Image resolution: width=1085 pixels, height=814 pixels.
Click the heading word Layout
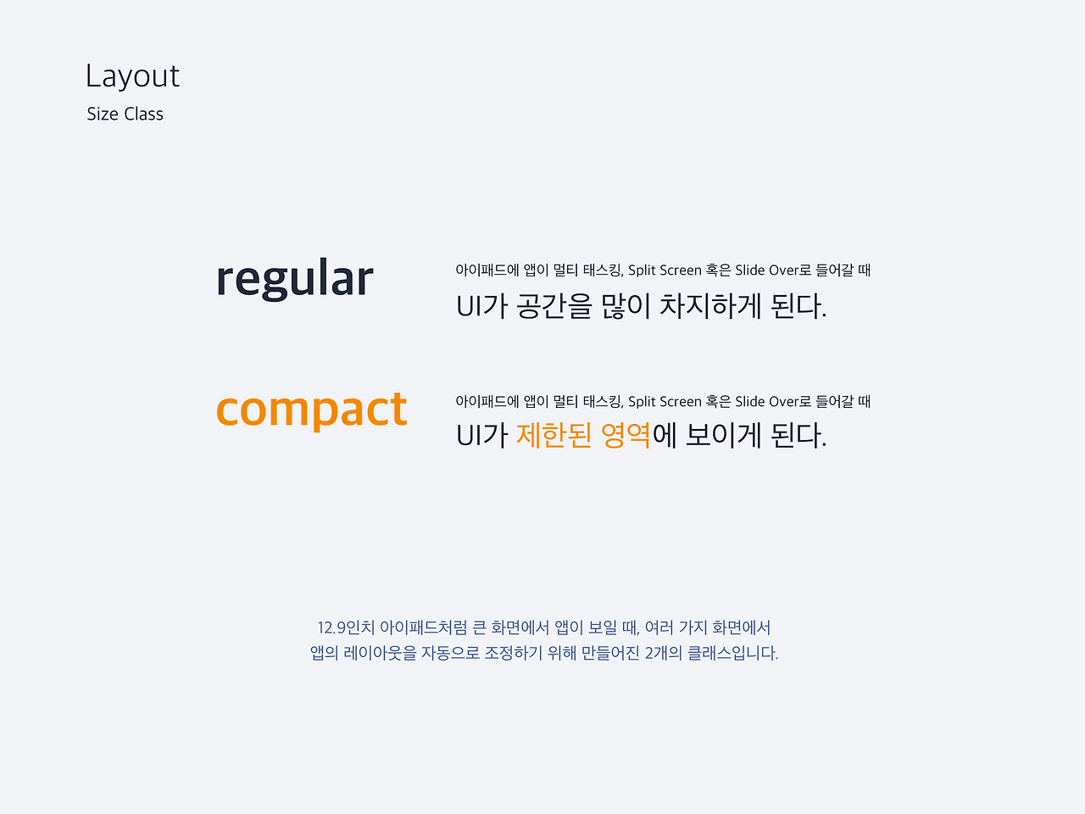coord(132,76)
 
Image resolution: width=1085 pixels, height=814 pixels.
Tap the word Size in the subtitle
coord(103,114)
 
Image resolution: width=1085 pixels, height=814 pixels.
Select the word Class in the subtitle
coord(143,114)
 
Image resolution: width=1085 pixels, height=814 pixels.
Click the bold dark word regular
coord(295,278)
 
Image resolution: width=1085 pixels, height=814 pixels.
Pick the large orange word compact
coord(311,410)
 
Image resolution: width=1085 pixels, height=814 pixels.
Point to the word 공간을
coord(554,306)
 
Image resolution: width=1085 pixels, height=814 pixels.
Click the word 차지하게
coord(709,306)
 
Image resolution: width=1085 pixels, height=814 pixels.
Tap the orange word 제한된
coord(554,436)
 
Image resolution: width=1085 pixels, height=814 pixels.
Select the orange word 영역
coord(626,436)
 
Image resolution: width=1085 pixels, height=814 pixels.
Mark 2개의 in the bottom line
coord(664,654)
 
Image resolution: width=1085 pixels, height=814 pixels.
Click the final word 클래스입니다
coord(732,654)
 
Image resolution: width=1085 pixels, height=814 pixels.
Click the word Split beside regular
coord(643,270)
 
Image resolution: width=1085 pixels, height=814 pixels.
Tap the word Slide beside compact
coord(750,402)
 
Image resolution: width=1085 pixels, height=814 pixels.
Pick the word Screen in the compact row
coord(681,402)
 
